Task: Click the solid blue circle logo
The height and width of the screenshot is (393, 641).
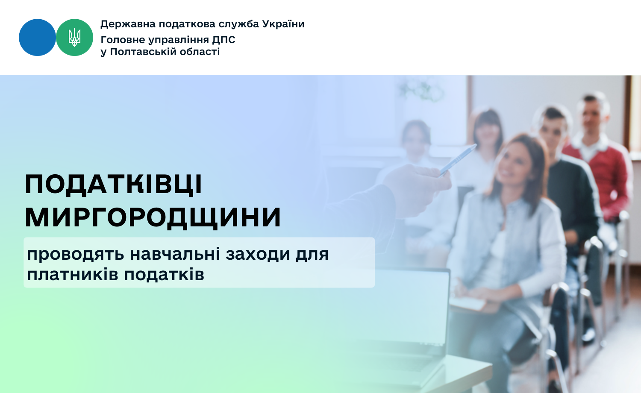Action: pos(37,38)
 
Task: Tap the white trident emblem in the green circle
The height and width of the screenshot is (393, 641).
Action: pos(74,38)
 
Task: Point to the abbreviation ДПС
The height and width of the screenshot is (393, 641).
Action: pos(224,40)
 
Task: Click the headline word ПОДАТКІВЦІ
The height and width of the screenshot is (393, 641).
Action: pos(114,185)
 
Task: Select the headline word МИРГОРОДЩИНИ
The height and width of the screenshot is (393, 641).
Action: pos(153,218)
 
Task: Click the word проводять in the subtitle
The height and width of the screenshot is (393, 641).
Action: pos(76,254)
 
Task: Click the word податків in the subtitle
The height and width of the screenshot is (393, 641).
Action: pos(164,275)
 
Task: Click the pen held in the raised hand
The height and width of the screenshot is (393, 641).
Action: pos(457,160)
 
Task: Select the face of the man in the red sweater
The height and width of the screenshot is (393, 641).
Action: pos(591,117)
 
